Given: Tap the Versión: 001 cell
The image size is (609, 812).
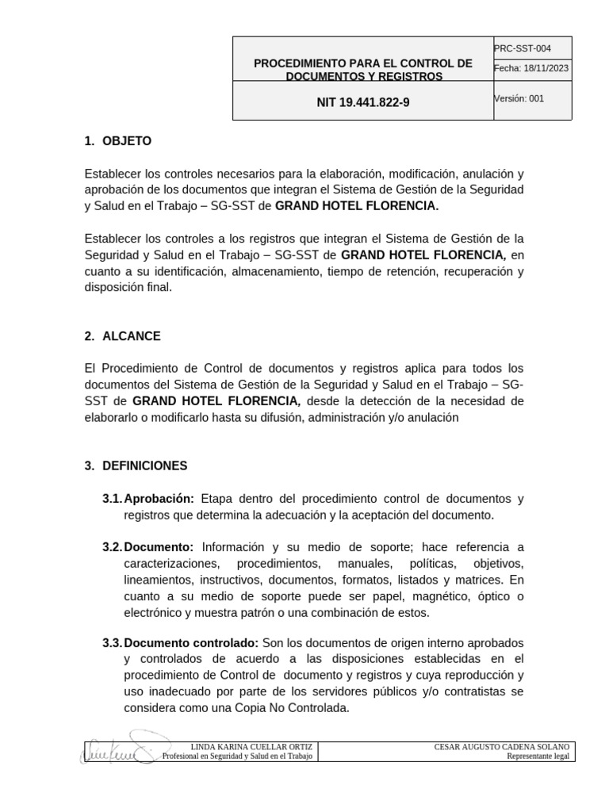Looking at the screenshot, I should click(x=519, y=99).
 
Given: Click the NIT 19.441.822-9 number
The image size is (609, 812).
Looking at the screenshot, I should click(x=363, y=102).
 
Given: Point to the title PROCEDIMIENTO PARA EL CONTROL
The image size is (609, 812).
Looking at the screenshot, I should click(x=363, y=63).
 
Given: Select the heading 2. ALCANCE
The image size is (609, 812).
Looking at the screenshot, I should click(x=122, y=336).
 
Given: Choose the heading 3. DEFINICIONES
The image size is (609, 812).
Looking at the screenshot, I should click(x=136, y=465).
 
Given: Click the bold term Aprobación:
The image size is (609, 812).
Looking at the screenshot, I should click(x=159, y=499).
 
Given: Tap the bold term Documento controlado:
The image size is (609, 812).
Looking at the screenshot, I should click(x=191, y=642).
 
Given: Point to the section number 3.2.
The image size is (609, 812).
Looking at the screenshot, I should click(x=112, y=547).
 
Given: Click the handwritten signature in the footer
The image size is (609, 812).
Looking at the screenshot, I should click(x=119, y=749).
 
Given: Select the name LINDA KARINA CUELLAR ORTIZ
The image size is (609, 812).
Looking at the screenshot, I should click(x=252, y=747).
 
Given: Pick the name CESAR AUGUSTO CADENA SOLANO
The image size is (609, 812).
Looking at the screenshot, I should click(x=501, y=747).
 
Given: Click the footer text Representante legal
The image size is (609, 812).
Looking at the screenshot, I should click(x=538, y=756).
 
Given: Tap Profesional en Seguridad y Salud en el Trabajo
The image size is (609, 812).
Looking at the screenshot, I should click(x=238, y=756).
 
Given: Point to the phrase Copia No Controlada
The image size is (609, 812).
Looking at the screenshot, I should click(x=295, y=708).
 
